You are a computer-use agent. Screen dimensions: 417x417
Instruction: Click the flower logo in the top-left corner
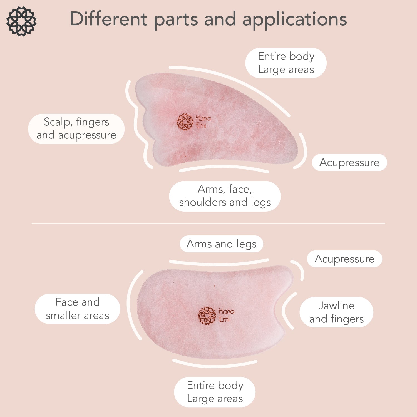coord(21,21)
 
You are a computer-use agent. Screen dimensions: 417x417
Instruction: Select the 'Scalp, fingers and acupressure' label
coord(76,128)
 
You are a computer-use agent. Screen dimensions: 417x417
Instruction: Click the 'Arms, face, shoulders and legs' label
coord(225,196)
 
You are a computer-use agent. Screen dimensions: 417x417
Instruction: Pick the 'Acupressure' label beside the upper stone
coord(349,162)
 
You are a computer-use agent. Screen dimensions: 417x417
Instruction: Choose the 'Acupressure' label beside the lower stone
coord(344,259)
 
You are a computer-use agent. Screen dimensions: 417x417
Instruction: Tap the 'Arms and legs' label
coord(222,244)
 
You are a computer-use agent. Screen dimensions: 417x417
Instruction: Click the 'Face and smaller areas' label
coord(78,309)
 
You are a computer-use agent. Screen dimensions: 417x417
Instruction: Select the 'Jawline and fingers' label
coord(336,312)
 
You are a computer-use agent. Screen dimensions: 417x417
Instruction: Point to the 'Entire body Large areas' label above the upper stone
coord(286,63)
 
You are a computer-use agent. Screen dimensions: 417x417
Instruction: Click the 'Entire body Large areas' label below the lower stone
coord(215,392)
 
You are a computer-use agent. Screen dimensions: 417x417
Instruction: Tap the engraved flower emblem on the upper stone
coord(185,121)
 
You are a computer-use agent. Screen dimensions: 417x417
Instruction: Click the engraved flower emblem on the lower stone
coord(207,316)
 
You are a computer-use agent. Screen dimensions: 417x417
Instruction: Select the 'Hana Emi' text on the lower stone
coord(226,315)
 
